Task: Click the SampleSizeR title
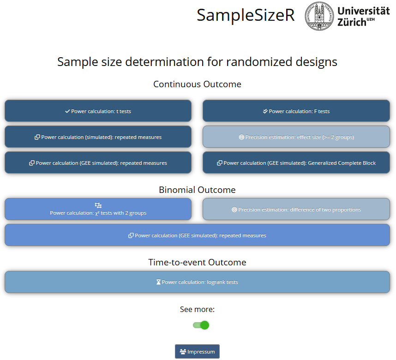click(x=246, y=15)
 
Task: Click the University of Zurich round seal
click(x=319, y=16)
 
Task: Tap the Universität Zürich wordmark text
click(x=363, y=16)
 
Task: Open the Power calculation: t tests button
click(x=98, y=111)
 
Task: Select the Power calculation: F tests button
click(x=296, y=111)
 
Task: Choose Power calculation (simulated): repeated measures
click(x=98, y=137)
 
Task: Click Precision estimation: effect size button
click(x=296, y=137)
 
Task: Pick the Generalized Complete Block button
click(x=296, y=162)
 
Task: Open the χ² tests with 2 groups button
click(x=98, y=209)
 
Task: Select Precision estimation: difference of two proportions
click(x=296, y=209)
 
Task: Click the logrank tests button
click(x=197, y=282)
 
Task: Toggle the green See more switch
click(x=201, y=325)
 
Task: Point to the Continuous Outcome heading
click(x=197, y=84)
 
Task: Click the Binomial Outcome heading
click(x=197, y=190)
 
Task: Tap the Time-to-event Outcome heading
click(x=197, y=262)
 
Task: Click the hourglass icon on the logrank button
click(x=158, y=282)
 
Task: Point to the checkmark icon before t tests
click(x=67, y=111)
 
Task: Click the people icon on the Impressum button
click(x=183, y=352)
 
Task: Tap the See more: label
click(x=197, y=309)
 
